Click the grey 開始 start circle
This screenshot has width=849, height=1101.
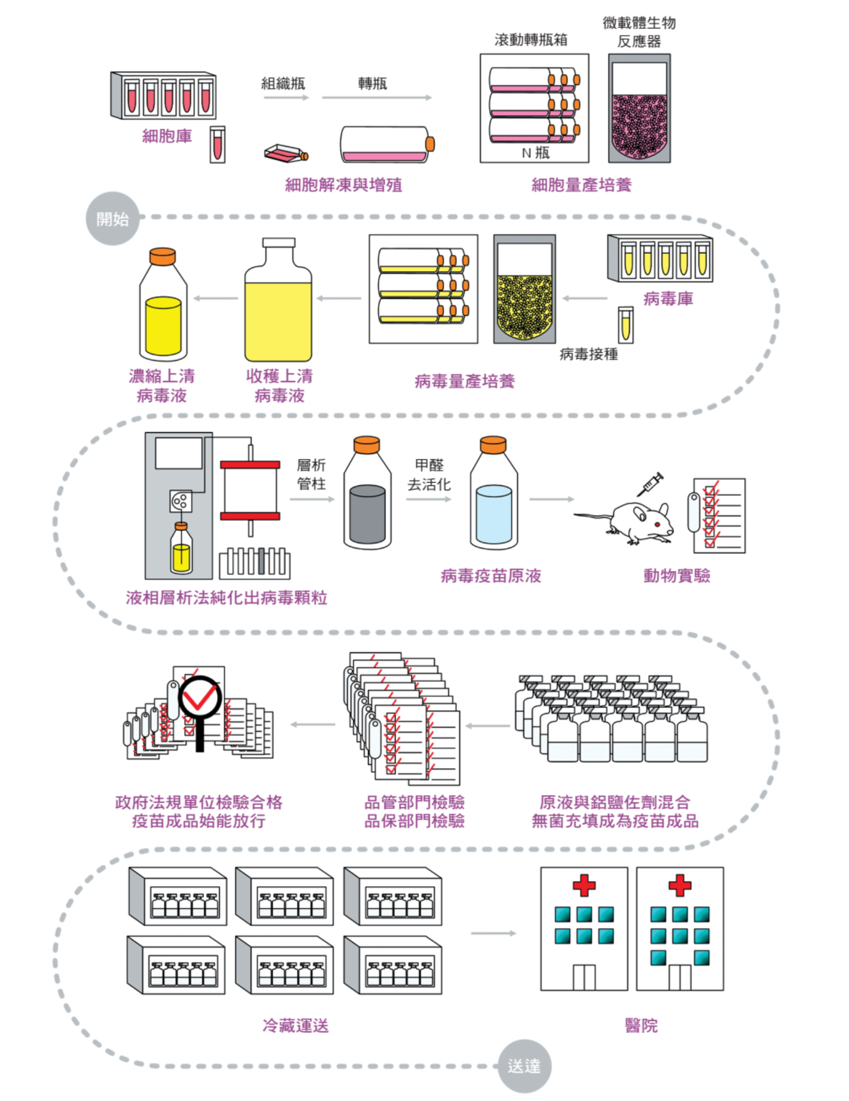(x=113, y=219)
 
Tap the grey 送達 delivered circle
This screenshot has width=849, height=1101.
(x=524, y=1065)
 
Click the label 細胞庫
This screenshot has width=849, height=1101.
(x=167, y=136)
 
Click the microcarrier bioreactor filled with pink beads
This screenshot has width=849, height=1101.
(x=639, y=109)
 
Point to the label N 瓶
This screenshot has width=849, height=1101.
(x=535, y=153)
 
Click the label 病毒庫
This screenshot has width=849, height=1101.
(x=668, y=299)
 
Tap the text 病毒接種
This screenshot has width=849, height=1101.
(x=588, y=354)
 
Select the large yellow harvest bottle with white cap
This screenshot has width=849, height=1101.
(x=278, y=301)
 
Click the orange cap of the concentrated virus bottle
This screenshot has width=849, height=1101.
(x=163, y=256)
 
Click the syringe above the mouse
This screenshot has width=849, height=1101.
(x=650, y=484)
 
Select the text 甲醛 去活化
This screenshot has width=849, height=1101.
(x=429, y=475)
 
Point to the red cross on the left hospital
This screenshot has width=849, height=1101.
(x=584, y=885)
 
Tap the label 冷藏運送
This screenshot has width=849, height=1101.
(x=295, y=1025)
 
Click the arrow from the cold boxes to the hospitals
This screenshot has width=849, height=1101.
(x=493, y=933)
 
